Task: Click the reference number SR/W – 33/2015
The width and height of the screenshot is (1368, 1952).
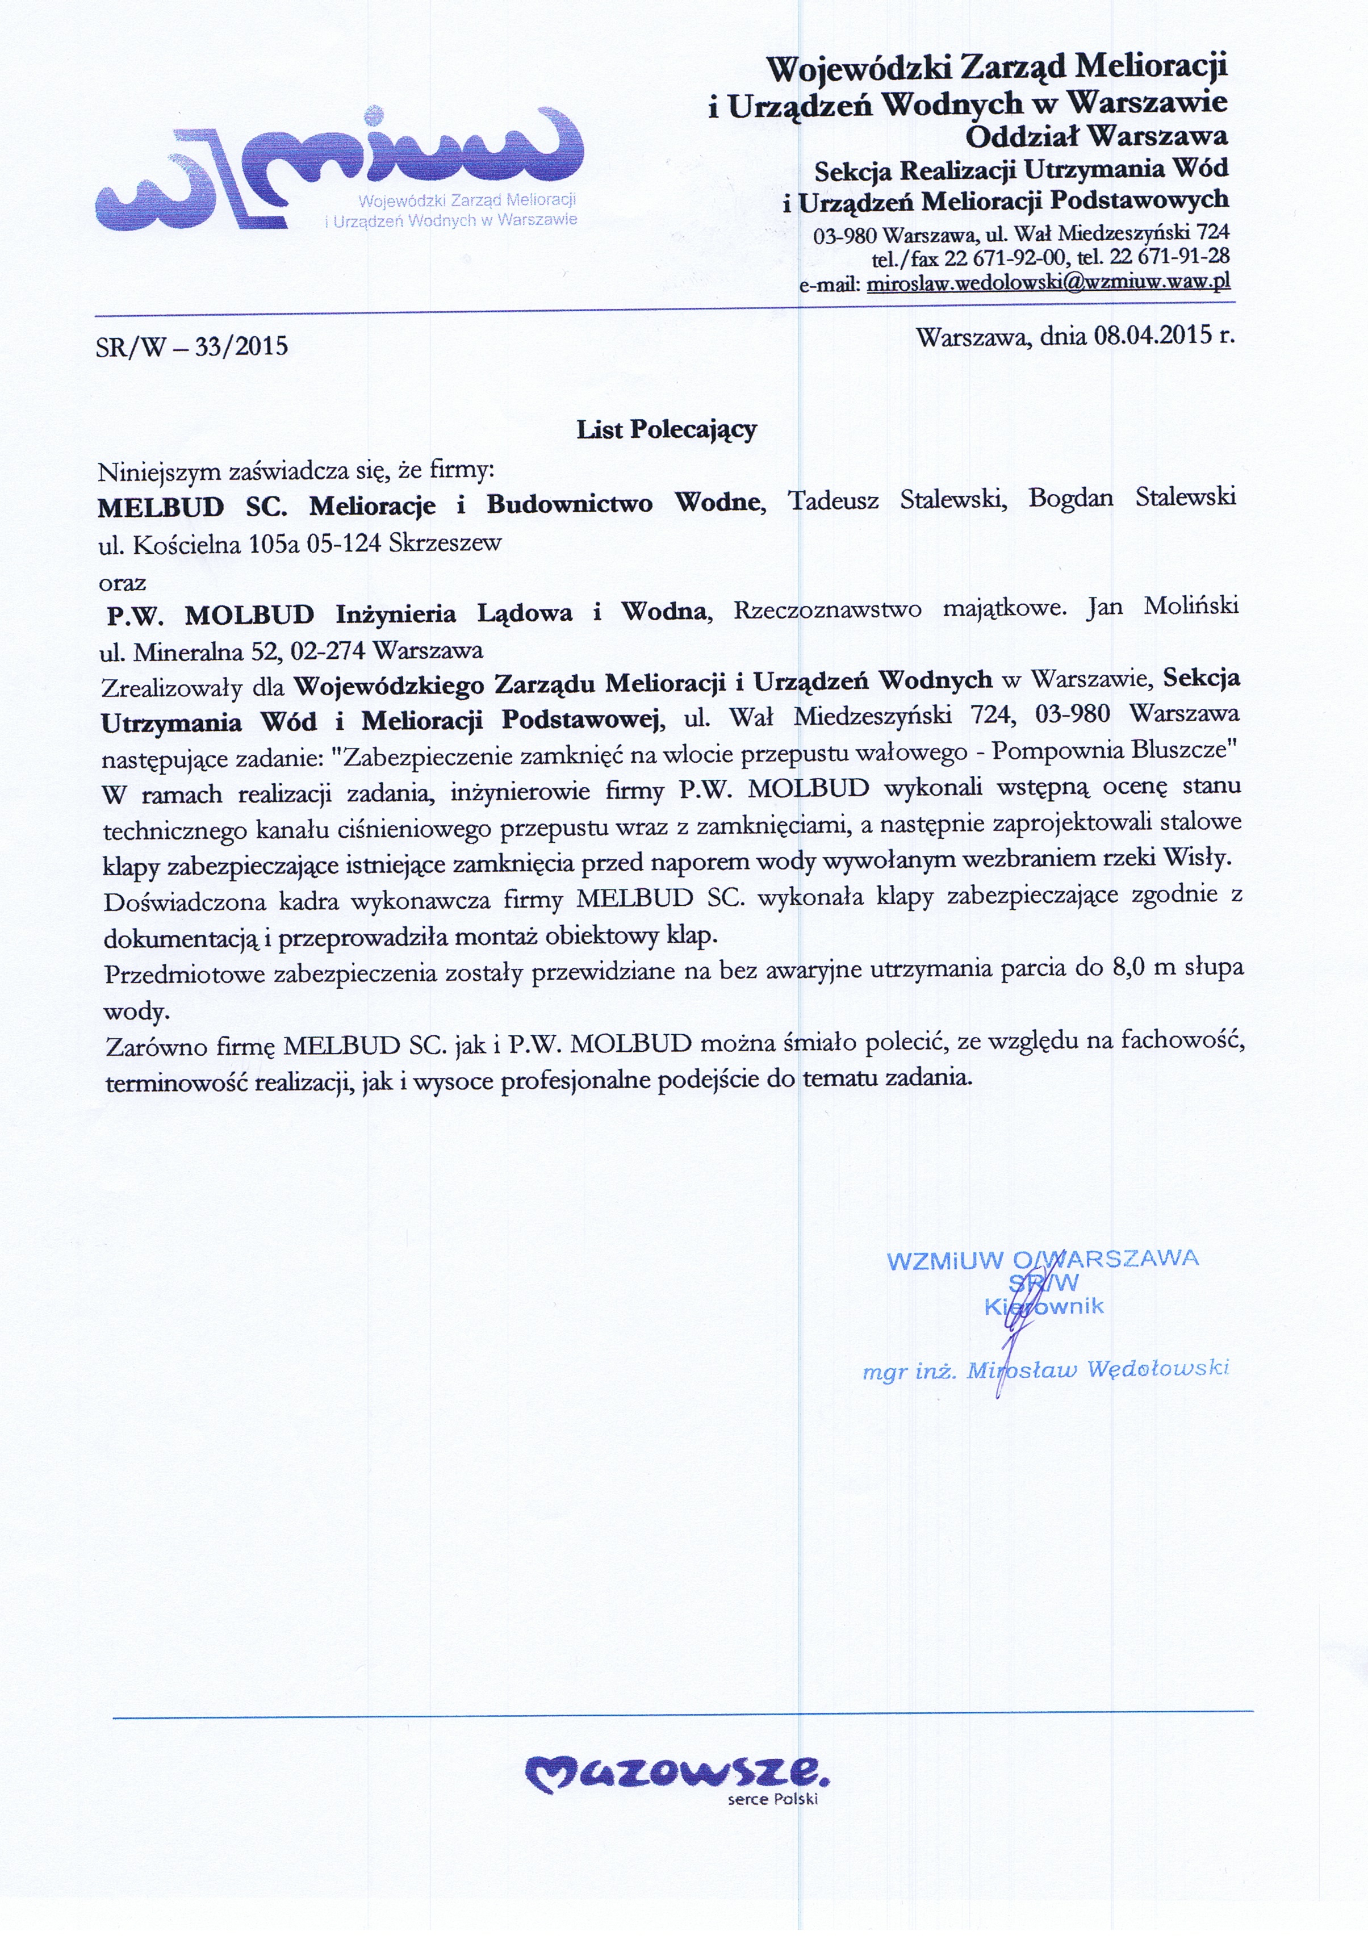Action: click(192, 347)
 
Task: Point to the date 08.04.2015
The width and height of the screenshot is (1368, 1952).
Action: click(1139, 335)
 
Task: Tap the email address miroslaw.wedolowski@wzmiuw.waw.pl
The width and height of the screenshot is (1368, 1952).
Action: click(1048, 283)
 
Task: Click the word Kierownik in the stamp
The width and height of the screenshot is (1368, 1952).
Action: click(1044, 1307)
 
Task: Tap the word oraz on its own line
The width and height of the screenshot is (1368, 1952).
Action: click(123, 583)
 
